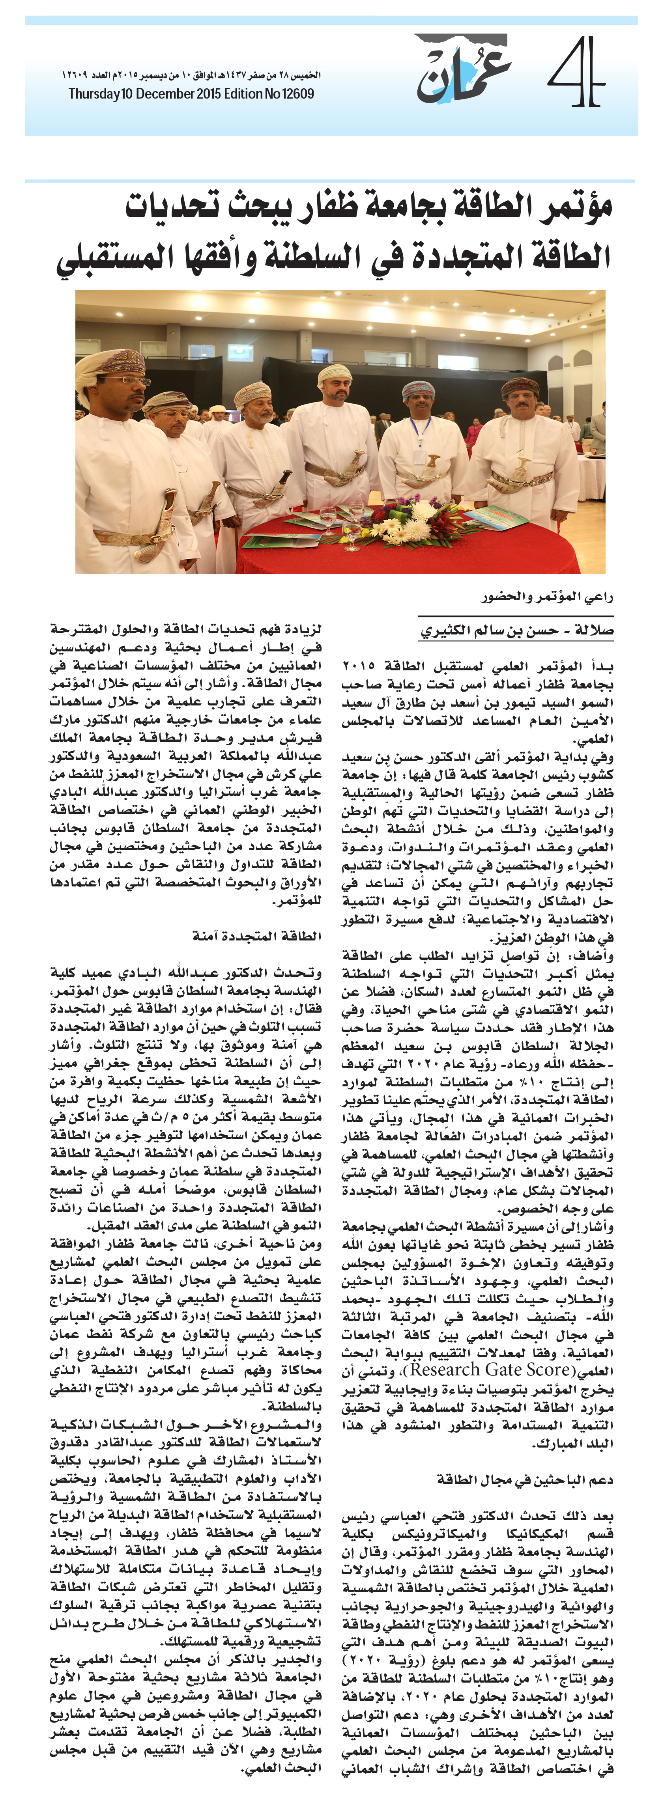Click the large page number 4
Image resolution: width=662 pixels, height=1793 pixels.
point(575,73)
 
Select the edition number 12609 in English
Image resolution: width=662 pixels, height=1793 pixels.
point(298,94)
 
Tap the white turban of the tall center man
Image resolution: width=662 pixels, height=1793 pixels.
point(334,375)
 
